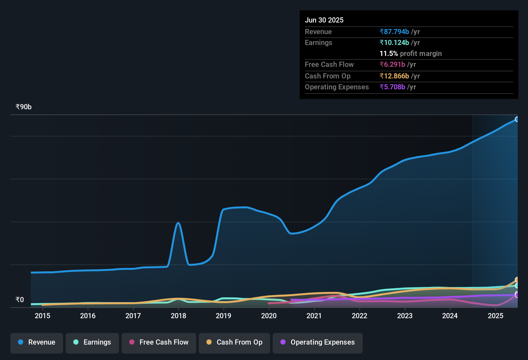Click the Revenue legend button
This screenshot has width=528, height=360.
click(37, 342)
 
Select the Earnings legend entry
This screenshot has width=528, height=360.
click(92, 342)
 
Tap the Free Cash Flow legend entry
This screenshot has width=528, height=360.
click(159, 342)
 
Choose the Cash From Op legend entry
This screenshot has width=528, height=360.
click(234, 342)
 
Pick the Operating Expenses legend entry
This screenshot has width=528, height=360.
click(318, 342)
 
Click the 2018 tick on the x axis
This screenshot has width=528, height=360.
click(178, 316)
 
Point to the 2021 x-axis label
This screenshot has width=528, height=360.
click(314, 316)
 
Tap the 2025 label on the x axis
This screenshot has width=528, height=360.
click(496, 316)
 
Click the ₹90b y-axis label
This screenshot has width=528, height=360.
click(24, 107)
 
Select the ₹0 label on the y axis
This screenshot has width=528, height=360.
click(20, 300)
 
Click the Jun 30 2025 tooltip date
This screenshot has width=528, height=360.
click(324, 20)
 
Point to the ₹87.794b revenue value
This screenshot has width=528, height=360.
click(394, 32)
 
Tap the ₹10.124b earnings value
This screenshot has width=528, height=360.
click(394, 43)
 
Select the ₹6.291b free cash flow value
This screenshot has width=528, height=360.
click(392, 65)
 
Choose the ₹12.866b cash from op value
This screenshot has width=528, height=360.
click(394, 76)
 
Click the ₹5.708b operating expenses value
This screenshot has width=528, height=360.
click(392, 87)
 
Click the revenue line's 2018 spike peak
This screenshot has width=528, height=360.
click(178, 223)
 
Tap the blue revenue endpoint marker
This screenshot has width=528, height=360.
click(517, 119)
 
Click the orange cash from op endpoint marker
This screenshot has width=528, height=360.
click(517, 280)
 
